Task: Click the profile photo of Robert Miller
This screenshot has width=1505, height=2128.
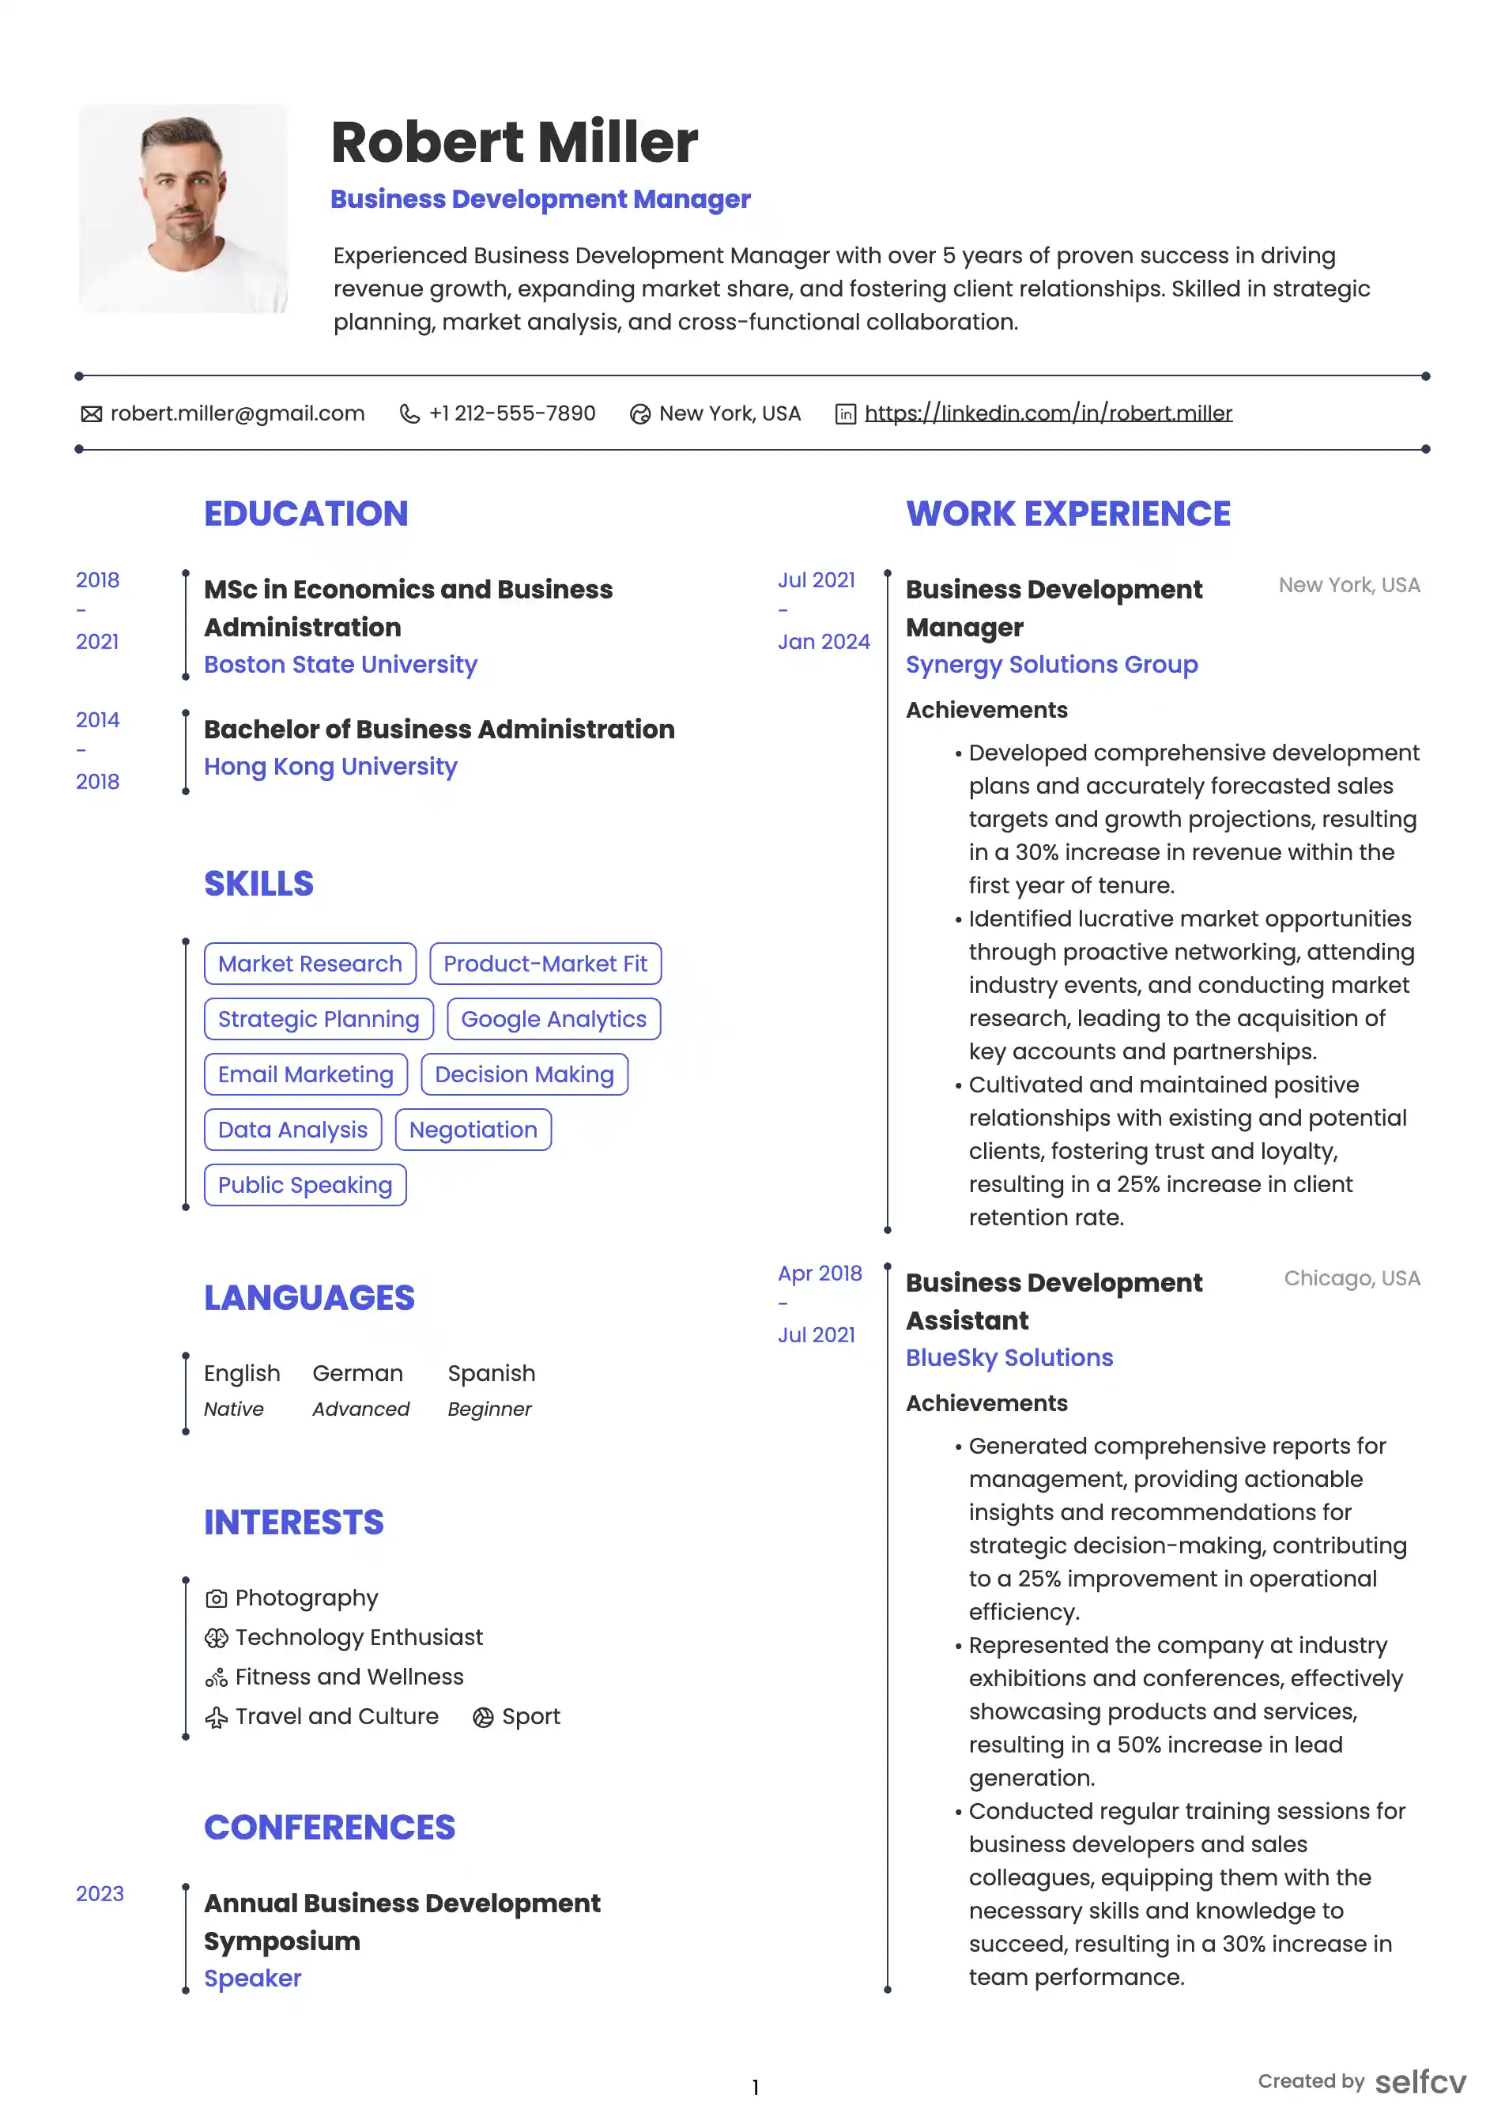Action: (x=183, y=209)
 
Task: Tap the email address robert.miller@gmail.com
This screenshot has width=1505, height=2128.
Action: (x=237, y=413)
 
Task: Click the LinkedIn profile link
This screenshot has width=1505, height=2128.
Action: (x=1047, y=413)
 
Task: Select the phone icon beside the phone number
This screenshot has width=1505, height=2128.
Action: (x=409, y=413)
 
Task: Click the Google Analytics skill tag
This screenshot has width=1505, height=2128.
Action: (x=553, y=1019)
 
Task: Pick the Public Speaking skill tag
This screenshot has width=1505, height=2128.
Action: (x=305, y=1184)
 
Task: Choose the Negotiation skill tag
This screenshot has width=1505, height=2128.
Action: (x=473, y=1130)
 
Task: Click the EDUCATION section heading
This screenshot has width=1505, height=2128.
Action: (x=306, y=514)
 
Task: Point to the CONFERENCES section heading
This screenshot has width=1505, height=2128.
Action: (x=329, y=1827)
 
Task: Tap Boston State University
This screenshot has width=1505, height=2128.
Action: (x=340, y=665)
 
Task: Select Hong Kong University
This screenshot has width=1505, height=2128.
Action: (x=330, y=767)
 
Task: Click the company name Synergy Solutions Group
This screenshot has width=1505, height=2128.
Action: (x=1051, y=665)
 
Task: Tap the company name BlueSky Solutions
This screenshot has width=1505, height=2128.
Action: (x=1009, y=1358)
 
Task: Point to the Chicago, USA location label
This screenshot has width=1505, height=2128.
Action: (x=1351, y=1278)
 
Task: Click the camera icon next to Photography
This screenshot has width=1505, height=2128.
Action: (x=216, y=1599)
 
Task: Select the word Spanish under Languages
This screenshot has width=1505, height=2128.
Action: (x=491, y=1372)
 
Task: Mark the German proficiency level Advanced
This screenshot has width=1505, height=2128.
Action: (x=360, y=1409)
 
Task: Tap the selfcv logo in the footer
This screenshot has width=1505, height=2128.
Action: (x=1420, y=2081)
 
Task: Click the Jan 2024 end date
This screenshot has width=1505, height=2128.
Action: (x=824, y=641)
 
